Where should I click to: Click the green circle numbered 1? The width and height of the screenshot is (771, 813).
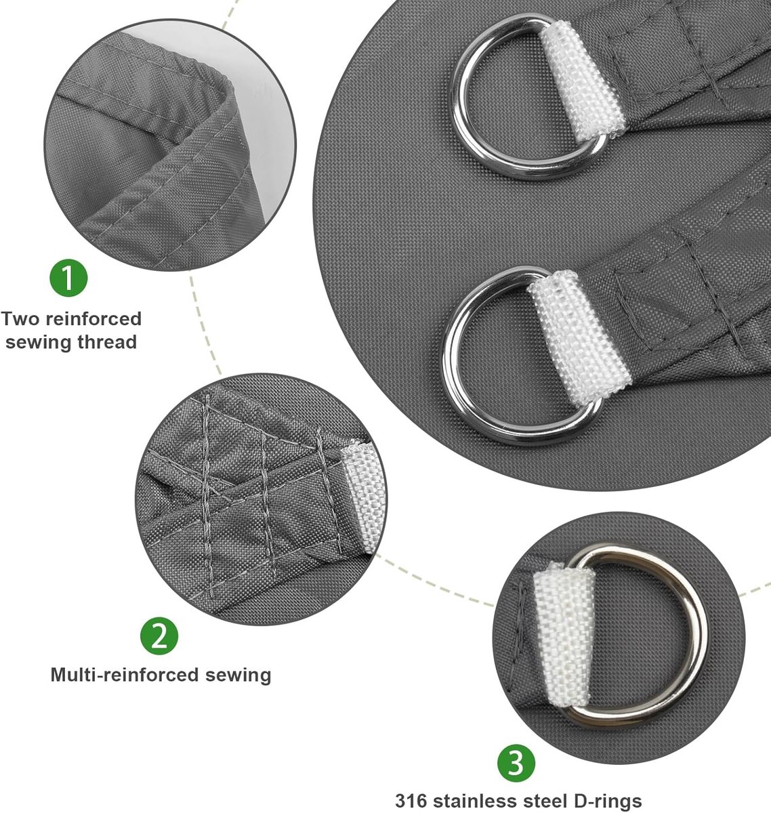click(68, 278)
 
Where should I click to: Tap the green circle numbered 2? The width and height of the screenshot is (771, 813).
click(159, 636)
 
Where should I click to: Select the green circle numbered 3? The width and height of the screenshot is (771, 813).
click(516, 764)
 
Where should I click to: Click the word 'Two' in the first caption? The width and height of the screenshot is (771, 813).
click(21, 319)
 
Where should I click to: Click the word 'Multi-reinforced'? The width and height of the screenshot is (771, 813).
click(125, 675)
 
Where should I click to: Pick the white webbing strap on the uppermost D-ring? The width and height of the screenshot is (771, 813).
click(583, 81)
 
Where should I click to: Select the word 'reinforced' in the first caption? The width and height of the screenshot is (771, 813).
click(93, 319)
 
